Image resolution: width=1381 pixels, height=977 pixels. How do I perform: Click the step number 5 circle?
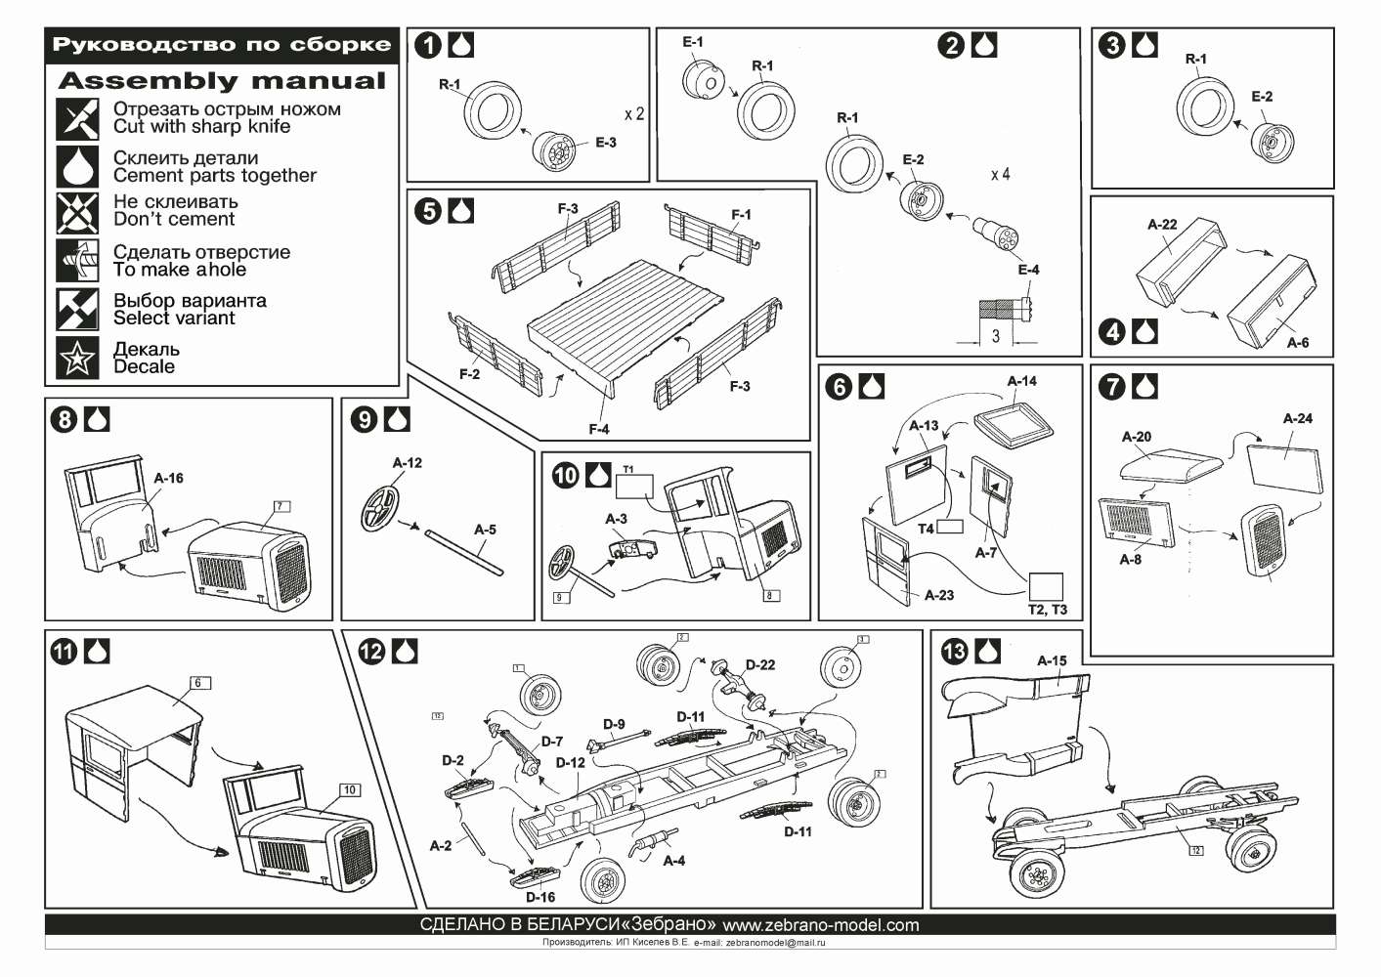pyautogui.click(x=428, y=212)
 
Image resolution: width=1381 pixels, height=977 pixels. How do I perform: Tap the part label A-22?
pyautogui.click(x=1162, y=225)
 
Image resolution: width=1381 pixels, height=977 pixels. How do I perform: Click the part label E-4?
pyautogui.click(x=1028, y=270)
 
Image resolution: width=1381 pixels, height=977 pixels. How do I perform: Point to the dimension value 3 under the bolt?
pyautogui.click(x=995, y=336)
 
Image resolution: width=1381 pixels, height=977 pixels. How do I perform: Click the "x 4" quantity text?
pyautogui.click(x=1000, y=175)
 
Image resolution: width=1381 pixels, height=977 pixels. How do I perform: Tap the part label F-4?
pyautogui.click(x=598, y=429)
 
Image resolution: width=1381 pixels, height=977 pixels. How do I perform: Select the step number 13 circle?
pyautogui.click(x=954, y=652)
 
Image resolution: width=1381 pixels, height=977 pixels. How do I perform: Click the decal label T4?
pyautogui.click(x=926, y=528)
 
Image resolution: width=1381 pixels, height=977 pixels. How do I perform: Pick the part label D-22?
pyautogui.click(x=759, y=665)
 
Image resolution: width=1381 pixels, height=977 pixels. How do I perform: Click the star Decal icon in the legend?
pyautogui.click(x=77, y=359)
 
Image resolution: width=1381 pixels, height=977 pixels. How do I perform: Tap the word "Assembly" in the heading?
pyautogui.click(x=148, y=81)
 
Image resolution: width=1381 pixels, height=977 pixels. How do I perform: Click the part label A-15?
pyautogui.click(x=1052, y=661)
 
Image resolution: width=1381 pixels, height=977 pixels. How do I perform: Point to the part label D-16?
pyautogui.click(x=540, y=897)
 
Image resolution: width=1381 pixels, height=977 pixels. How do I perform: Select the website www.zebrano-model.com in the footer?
pyautogui.click(x=820, y=925)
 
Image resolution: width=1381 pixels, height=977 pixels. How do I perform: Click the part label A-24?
pyautogui.click(x=1297, y=419)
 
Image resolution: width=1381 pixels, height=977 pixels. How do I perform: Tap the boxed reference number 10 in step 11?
pyautogui.click(x=349, y=789)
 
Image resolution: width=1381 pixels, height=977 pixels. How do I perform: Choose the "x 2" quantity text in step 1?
pyautogui.click(x=634, y=114)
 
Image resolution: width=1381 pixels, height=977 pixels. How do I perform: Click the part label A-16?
pyautogui.click(x=168, y=479)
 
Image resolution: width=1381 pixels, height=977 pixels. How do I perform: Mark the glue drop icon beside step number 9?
pyautogui.click(x=397, y=419)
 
